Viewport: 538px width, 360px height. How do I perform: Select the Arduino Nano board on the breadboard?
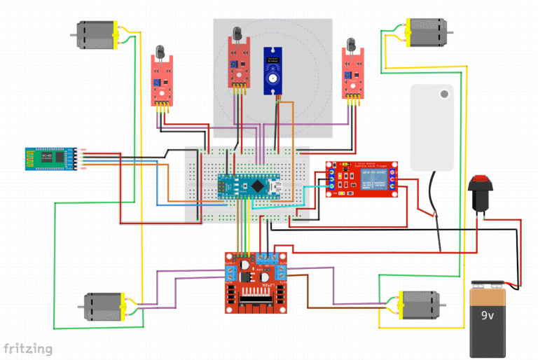coord(253,186)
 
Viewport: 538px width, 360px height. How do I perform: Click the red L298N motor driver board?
coord(256,282)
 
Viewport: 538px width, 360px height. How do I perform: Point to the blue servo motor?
coord(273,70)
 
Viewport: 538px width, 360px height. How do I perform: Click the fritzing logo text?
coord(28,348)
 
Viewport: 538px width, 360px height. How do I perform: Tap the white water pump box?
coord(432,126)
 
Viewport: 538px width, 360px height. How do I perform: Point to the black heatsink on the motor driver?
coord(259,301)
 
